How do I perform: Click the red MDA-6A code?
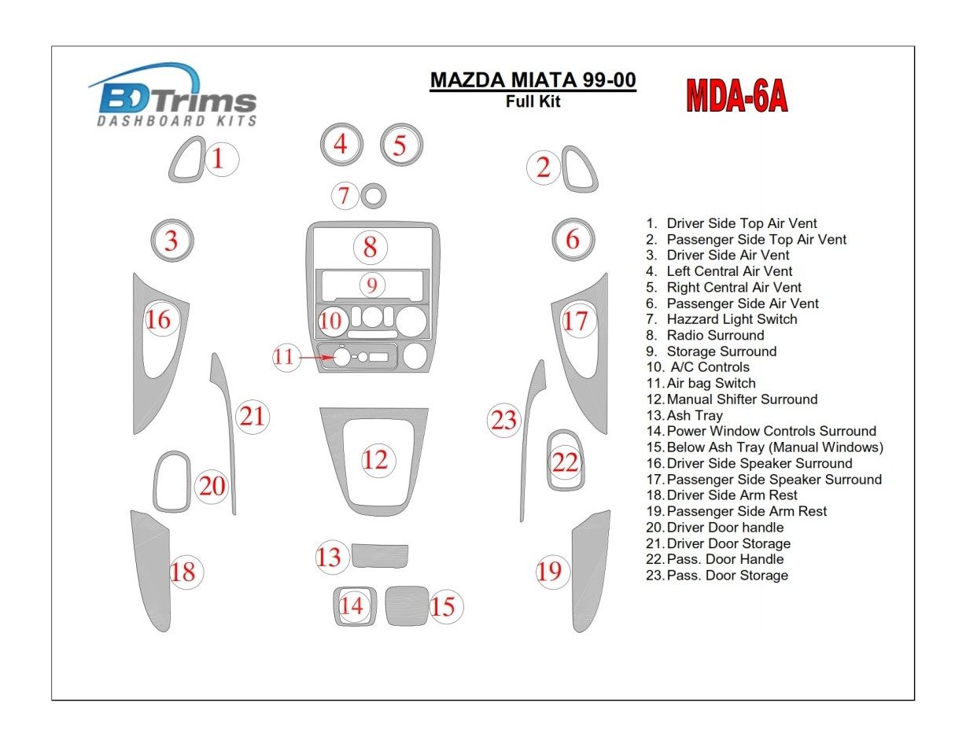pyautogui.click(x=737, y=96)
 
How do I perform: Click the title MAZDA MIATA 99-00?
pyautogui.click(x=533, y=81)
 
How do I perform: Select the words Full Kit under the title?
pyautogui.click(x=533, y=101)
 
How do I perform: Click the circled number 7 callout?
pyautogui.click(x=344, y=195)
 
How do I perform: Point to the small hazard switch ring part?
pyautogui.click(x=374, y=195)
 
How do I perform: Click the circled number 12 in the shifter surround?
pyautogui.click(x=375, y=459)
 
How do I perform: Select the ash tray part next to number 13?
pyautogui.click(x=379, y=555)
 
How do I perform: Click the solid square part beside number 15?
pyautogui.click(x=407, y=605)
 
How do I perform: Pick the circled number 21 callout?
pyautogui.click(x=253, y=416)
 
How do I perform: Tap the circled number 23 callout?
pyautogui.click(x=503, y=420)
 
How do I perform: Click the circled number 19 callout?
pyautogui.click(x=550, y=570)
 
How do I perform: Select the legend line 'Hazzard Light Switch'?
pyautogui.click(x=732, y=319)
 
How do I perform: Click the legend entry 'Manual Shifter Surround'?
pyautogui.click(x=742, y=399)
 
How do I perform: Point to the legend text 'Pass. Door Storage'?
pyautogui.click(x=727, y=576)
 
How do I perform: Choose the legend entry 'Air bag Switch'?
pyautogui.click(x=711, y=383)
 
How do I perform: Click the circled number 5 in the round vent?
pyautogui.click(x=400, y=145)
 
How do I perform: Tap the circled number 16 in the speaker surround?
pyautogui.click(x=158, y=319)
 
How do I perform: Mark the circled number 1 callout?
pyautogui.click(x=219, y=160)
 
